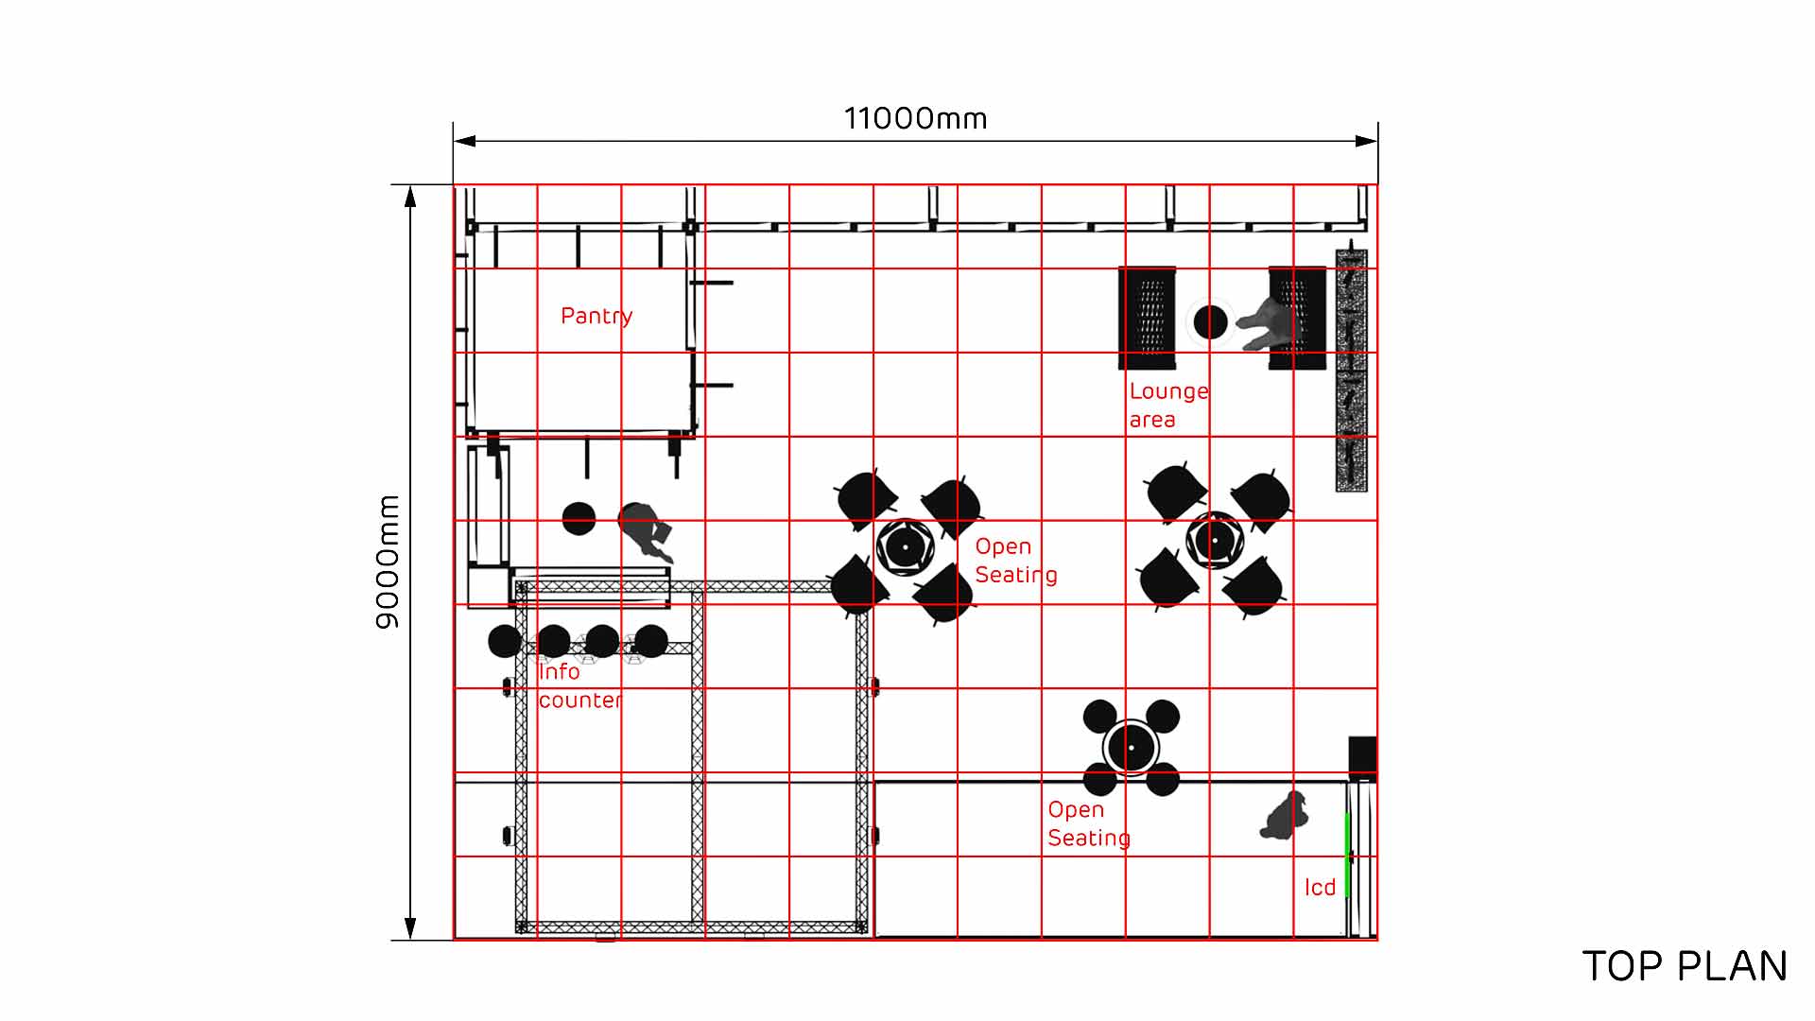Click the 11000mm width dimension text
(x=915, y=118)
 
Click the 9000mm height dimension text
(x=388, y=562)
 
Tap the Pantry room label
(x=596, y=316)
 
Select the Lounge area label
(x=1168, y=405)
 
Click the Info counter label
(x=579, y=685)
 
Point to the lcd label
(x=1320, y=887)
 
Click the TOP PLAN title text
(x=1685, y=966)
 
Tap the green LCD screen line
(x=1347, y=854)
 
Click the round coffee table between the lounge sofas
(x=1210, y=322)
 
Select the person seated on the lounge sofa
(x=1270, y=323)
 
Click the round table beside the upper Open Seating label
(x=905, y=546)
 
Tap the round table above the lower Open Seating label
(x=1131, y=748)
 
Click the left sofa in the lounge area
(x=1148, y=318)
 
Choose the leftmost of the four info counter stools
(x=505, y=641)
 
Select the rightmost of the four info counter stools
(x=650, y=641)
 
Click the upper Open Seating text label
(x=1016, y=561)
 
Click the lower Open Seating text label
(x=1089, y=823)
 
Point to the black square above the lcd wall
(x=1362, y=758)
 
